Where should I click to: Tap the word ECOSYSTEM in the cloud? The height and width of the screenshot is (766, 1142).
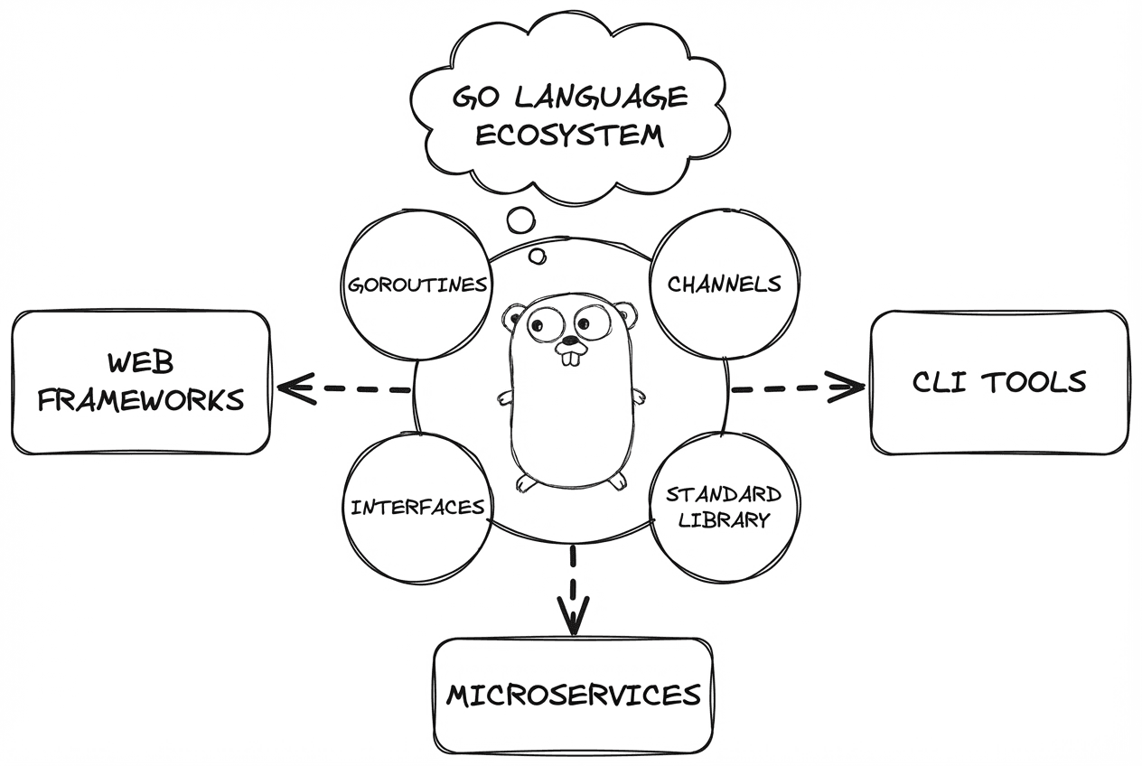569,136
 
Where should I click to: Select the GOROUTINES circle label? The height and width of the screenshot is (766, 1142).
418,285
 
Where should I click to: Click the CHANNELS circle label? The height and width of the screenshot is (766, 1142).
724,284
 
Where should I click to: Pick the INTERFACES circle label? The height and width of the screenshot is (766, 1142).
418,508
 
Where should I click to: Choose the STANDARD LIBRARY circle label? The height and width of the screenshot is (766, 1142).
724,507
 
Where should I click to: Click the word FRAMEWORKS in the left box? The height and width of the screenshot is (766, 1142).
141,399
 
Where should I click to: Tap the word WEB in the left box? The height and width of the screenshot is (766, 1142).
141,363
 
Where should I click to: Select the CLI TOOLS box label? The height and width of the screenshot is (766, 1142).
998,382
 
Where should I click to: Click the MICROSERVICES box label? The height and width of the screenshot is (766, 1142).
574,696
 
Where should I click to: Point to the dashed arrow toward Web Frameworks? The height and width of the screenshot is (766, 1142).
343,389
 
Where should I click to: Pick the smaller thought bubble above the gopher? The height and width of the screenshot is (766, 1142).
538,257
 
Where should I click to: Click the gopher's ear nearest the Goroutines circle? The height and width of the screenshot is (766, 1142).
515,317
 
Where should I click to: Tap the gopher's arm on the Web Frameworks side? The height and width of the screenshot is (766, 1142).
504,397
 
